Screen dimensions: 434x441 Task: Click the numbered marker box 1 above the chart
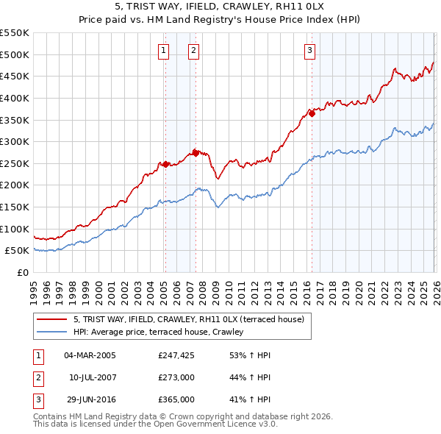(x=162, y=51)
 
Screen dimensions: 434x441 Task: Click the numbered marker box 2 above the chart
(x=193, y=51)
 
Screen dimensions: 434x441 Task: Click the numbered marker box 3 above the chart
(x=309, y=51)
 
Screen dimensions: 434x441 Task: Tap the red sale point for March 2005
(x=165, y=164)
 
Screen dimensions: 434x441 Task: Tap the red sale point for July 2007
(x=196, y=153)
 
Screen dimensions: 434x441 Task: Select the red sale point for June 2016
(x=312, y=113)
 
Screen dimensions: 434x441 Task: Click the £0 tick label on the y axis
(x=23, y=272)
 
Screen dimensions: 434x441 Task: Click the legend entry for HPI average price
(x=162, y=332)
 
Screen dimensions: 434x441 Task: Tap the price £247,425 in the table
(x=176, y=355)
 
